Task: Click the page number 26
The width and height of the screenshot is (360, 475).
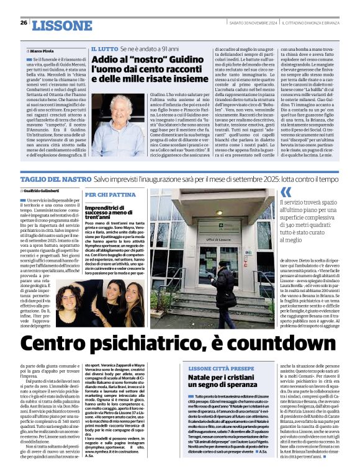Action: pos(23,23)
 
